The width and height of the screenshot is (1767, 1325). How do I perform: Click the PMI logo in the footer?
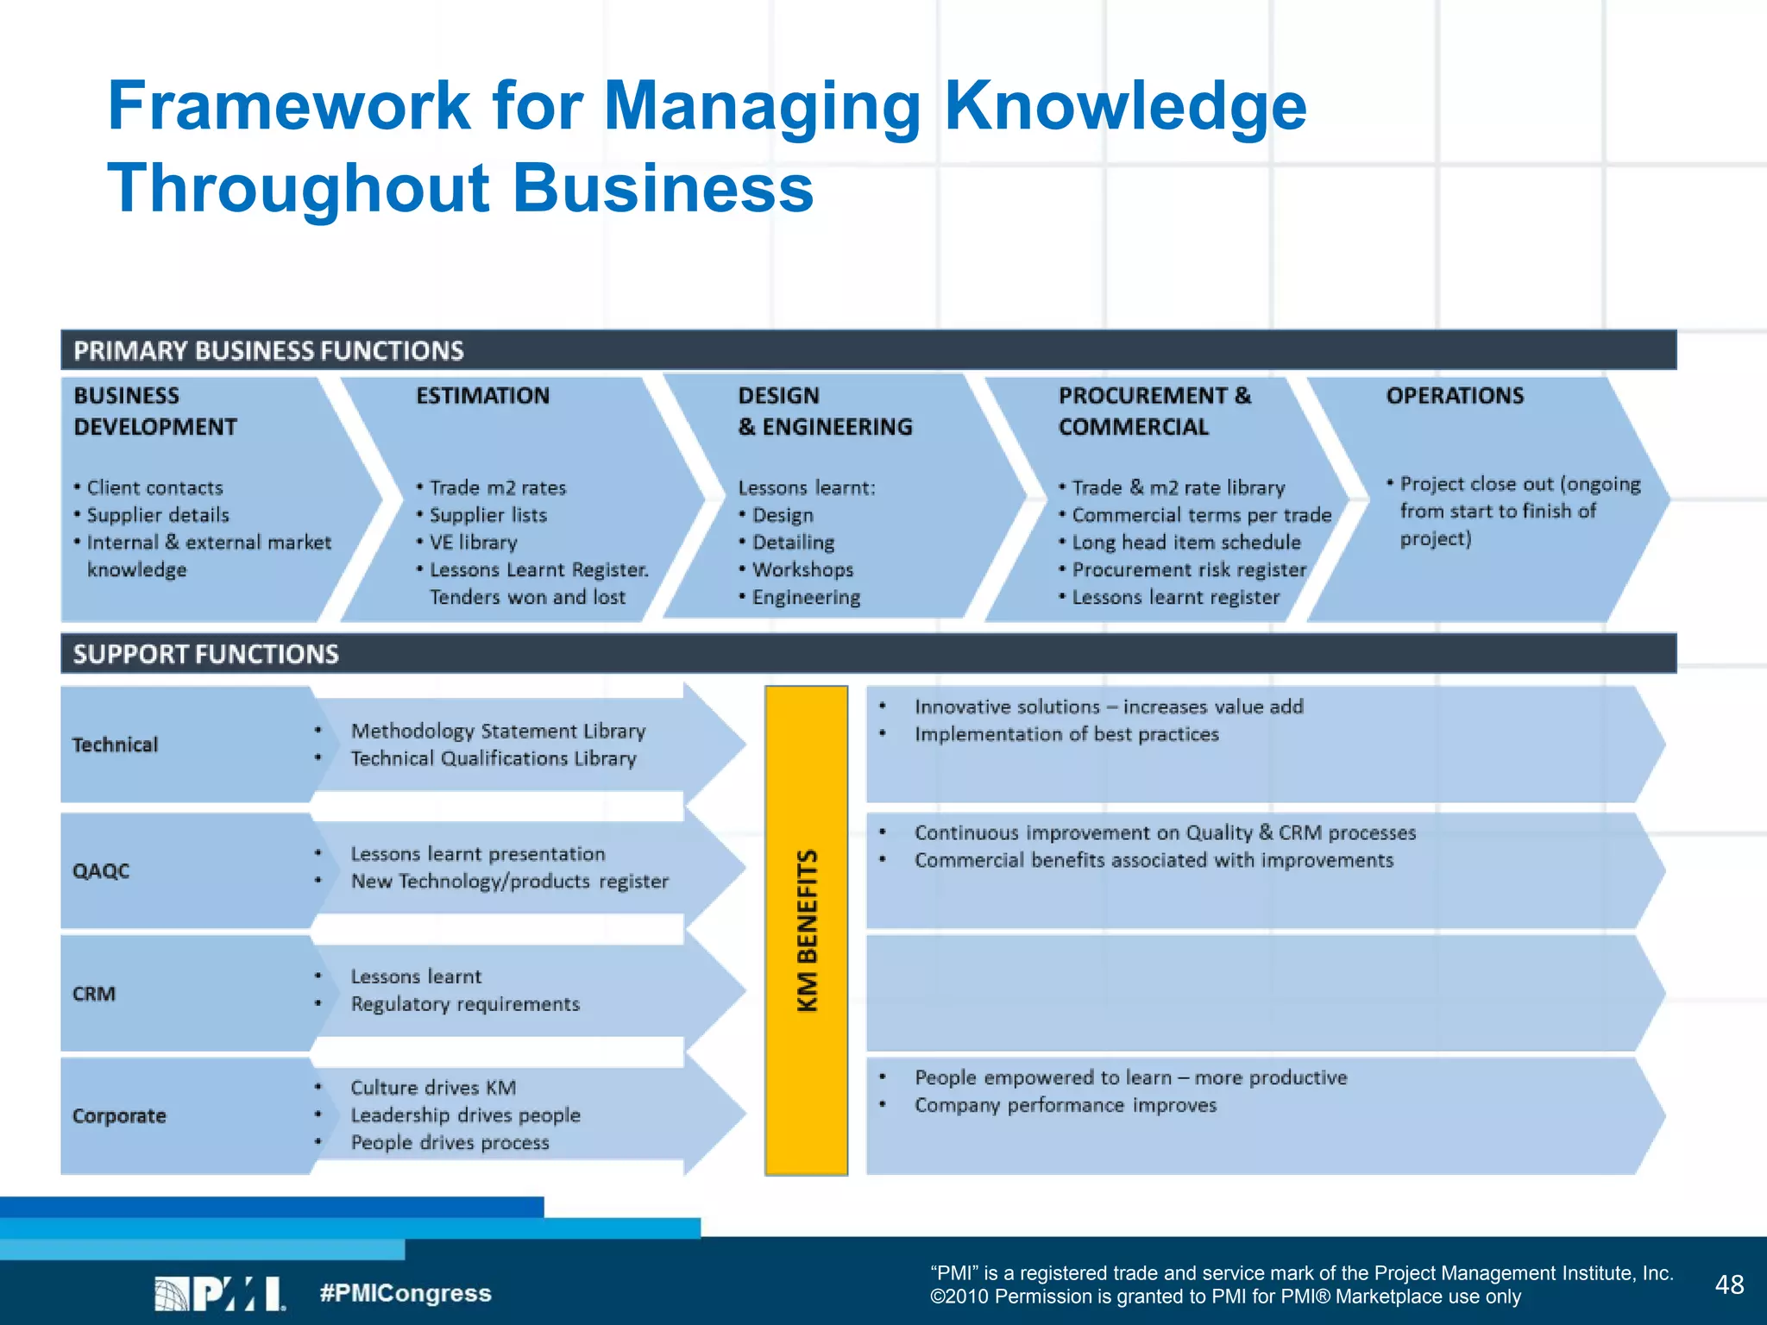pyautogui.click(x=220, y=1293)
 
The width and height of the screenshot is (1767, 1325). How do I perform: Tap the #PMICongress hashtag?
pyautogui.click(x=406, y=1293)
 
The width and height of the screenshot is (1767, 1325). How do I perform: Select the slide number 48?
pyautogui.click(x=1729, y=1284)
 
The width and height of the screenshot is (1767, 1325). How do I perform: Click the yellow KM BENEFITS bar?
pyautogui.click(x=806, y=930)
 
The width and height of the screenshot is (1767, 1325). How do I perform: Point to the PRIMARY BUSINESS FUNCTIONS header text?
pyautogui.click(x=268, y=350)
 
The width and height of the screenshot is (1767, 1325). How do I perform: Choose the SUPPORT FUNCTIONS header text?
pyautogui.click(x=206, y=654)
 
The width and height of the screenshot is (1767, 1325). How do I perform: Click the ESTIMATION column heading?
pyautogui.click(x=482, y=396)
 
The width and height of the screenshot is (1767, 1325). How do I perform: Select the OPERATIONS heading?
pyautogui.click(x=1455, y=396)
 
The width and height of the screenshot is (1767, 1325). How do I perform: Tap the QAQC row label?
pyautogui.click(x=101, y=870)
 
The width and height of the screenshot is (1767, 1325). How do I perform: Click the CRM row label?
pyautogui.click(x=94, y=994)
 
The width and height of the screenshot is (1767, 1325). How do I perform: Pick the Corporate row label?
pyautogui.click(x=119, y=1115)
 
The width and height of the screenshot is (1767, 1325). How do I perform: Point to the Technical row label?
pyautogui.click(x=115, y=744)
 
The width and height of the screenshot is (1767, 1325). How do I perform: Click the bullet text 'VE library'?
pyautogui.click(x=473, y=543)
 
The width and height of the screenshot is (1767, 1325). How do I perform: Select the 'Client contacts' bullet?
pyautogui.click(x=154, y=488)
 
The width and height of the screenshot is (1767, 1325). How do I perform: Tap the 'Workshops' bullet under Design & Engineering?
pyautogui.click(x=802, y=570)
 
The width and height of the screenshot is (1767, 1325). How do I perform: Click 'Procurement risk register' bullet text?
pyautogui.click(x=1189, y=570)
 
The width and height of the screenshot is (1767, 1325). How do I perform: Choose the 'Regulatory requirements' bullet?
pyautogui.click(x=465, y=1004)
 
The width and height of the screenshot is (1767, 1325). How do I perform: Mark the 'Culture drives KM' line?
pyautogui.click(x=433, y=1088)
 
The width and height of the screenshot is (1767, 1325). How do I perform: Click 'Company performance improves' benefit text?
pyautogui.click(x=1066, y=1105)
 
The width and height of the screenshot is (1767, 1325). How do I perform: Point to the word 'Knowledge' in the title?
pyautogui.click(x=1126, y=106)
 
